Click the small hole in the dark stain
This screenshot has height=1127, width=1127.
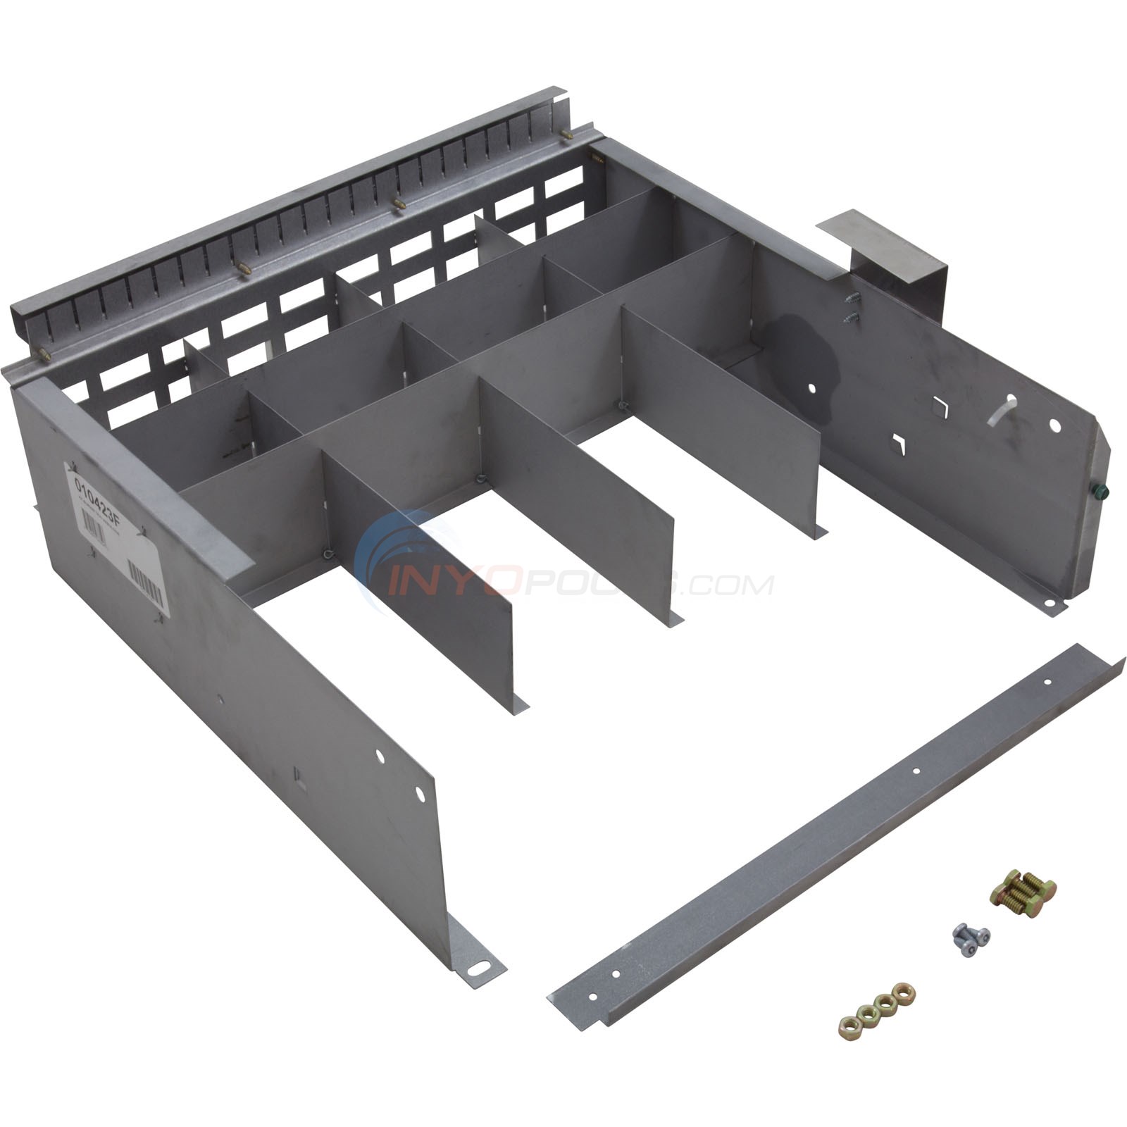click(813, 387)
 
